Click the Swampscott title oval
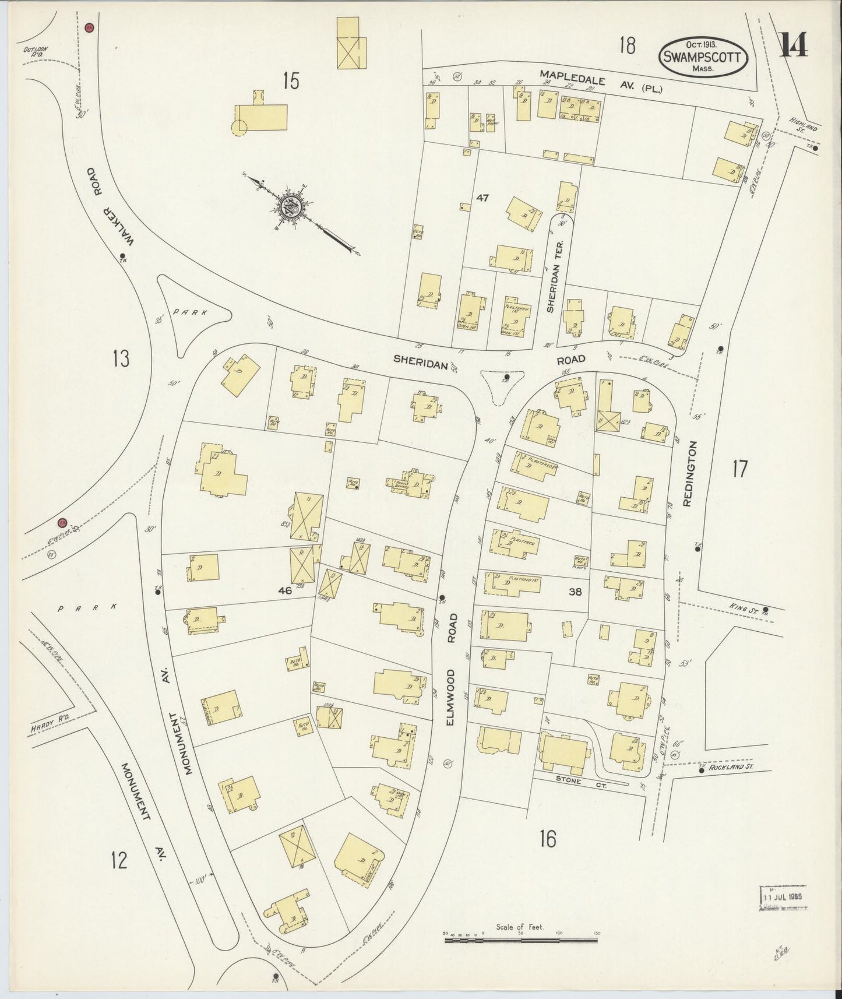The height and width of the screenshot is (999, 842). click(702, 57)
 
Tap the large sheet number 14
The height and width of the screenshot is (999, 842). click(794, 44)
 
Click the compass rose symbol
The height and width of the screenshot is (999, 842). click(290, 206)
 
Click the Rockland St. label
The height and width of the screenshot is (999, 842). click(731, 768)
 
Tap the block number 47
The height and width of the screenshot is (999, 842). click(482, 198)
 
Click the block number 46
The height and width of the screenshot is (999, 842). click(284, 590)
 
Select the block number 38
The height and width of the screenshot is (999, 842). click(575, 592)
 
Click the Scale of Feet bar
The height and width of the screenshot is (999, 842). click(520, 938)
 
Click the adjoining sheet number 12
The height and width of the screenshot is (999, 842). click(119, 859)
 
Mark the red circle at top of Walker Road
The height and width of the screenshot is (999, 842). click(89, 27)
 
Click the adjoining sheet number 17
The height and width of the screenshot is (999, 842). click(739, 468)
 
